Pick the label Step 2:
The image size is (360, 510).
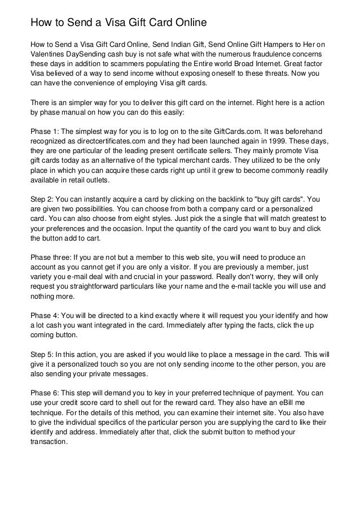(x=43, y=199)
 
